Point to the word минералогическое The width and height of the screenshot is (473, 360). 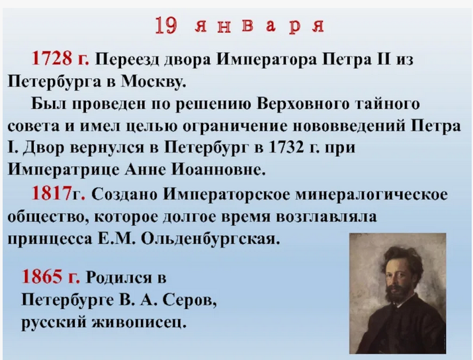(357, 195)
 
